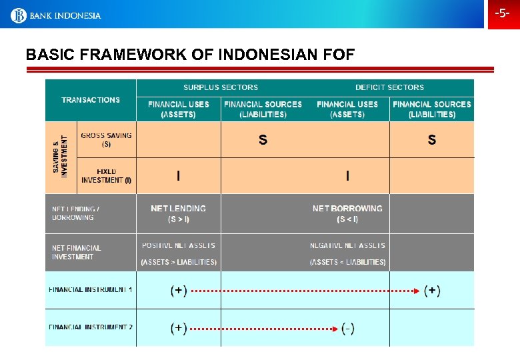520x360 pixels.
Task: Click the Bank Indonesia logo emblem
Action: click(18, 15)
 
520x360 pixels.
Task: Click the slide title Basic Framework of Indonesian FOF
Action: click(190, 55)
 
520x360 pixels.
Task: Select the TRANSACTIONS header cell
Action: click(91, 100)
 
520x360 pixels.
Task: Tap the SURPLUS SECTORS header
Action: click(221, 87)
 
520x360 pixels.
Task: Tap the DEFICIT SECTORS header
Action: click(389, 87)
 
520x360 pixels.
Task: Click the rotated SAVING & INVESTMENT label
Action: click(60, 156)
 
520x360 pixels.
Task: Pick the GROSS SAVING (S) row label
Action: click(106, 139)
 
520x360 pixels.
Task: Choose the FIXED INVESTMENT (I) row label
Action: click(106, 176)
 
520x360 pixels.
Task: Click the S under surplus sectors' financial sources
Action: click(263, 140)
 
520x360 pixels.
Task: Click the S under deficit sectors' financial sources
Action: click(432, 140)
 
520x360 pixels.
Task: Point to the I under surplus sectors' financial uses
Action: click(178, 176)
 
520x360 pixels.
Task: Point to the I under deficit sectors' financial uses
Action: click(347, 176)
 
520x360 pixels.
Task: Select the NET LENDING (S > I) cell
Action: click(178, 213)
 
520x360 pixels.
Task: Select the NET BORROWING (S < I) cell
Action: click(347, 213)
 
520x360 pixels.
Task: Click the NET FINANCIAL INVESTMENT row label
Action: click(77, 253)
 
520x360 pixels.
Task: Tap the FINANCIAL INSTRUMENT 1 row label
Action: click(91, 290)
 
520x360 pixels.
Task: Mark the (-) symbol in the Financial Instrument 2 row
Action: click(347, 328)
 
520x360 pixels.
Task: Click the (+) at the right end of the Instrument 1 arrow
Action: click(432, 291)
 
